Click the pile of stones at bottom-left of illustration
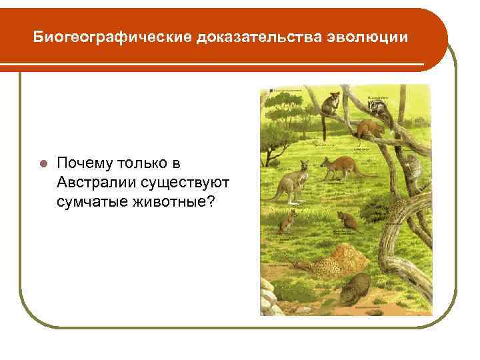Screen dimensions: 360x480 [267, 296]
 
